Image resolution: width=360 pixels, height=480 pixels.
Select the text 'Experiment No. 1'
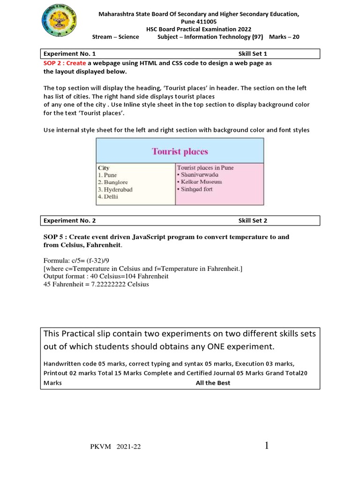click(x=69, y=54)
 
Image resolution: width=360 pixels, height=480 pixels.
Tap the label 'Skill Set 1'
click(x=252, y=54)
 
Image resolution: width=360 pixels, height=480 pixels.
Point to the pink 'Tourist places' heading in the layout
click(x=180, y=151)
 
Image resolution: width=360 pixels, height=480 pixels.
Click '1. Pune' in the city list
click(x=107, y=175)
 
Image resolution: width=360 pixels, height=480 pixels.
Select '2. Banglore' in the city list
click(x=112, y=182)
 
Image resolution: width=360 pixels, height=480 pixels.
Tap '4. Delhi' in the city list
click(x=108, y=197)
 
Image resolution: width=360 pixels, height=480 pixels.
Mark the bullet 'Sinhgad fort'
click(x=195, y=189)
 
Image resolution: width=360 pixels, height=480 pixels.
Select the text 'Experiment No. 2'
click(x=69, y=221)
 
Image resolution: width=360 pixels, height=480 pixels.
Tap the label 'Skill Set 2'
click(x=252, y=221)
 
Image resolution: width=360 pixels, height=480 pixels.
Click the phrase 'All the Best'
click(x=213, y=383)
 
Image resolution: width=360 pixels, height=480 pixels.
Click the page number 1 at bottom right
click(x=267, y=445)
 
